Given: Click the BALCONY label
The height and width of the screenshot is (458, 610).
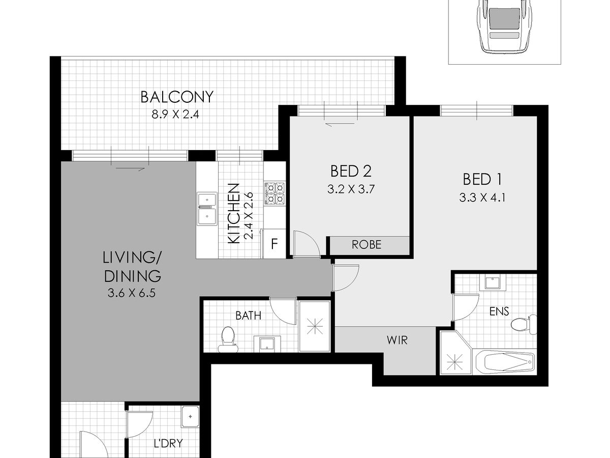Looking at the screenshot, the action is coord(177,97).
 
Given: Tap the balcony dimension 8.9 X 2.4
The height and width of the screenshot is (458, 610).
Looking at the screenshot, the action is coord(175,114).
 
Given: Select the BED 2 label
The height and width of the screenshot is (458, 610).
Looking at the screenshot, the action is coord(351,171).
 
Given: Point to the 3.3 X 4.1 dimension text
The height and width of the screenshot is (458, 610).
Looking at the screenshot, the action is coord(482,198).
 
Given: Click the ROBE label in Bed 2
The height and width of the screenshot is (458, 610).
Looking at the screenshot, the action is coord(367,244).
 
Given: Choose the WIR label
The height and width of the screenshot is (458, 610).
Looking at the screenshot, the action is coord(397,340).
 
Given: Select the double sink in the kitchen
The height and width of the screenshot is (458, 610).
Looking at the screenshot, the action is coord(207,209).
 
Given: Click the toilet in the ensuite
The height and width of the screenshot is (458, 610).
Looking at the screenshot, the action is coord(524,325).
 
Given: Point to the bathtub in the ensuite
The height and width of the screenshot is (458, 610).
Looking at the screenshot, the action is coord(505,362).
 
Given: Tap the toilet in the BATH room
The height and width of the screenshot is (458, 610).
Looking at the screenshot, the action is coord(228,339).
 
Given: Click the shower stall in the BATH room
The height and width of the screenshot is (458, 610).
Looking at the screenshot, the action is coord(315,326).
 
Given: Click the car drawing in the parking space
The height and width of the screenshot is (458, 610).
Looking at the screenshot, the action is coord(504,26).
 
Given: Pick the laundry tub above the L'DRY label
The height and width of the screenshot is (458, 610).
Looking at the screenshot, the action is coord(190,417).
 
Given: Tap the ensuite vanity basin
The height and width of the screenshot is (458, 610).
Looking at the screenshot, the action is coord(493,283).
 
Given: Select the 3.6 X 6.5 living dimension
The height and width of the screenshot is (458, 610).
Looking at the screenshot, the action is coord(132,293).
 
